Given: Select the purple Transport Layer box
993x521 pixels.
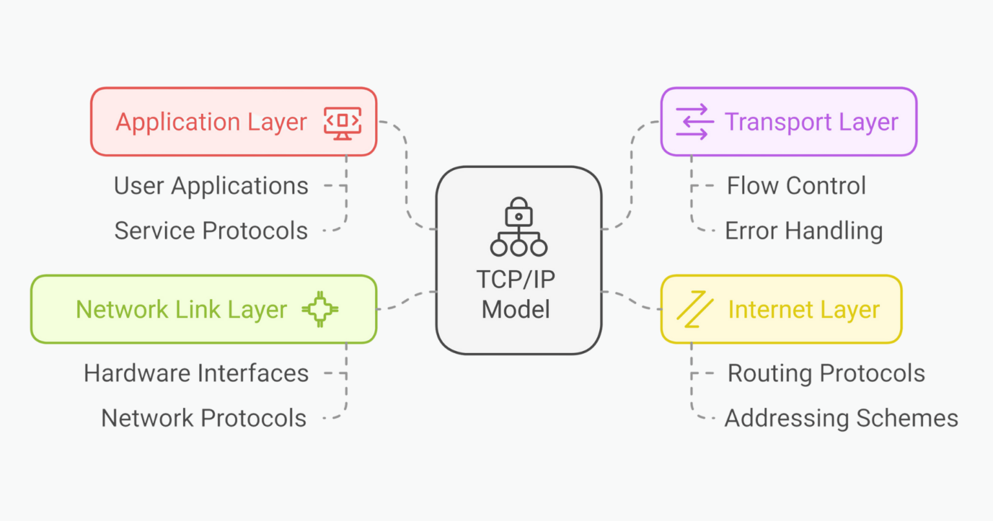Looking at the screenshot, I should [x=789, y=122].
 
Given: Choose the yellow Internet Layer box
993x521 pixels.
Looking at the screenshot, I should [x=781, y=310].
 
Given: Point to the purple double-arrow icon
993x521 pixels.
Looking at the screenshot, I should [x=694, y=122].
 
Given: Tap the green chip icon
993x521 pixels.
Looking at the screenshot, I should [x=320, y=310].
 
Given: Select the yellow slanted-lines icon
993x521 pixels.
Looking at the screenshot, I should [x=694, y=310].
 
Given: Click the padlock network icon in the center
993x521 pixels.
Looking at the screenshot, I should [x=518, y=227].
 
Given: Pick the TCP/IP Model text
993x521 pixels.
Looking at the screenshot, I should [x=516, y=295].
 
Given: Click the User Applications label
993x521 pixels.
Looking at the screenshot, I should [x=211, y=186].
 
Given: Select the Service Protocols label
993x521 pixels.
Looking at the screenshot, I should [x=211, y=231].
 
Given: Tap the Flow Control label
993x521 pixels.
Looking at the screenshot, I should [x=796, y=186].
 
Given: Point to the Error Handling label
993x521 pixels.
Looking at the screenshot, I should [x=804, y=231].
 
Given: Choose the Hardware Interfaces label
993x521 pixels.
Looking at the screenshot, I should [x=196, y=374].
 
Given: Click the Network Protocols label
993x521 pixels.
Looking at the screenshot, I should [x=204, y=418].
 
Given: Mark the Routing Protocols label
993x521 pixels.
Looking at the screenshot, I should [x=826, y=374].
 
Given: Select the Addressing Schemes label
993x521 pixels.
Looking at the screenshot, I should [x=841, y=418].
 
